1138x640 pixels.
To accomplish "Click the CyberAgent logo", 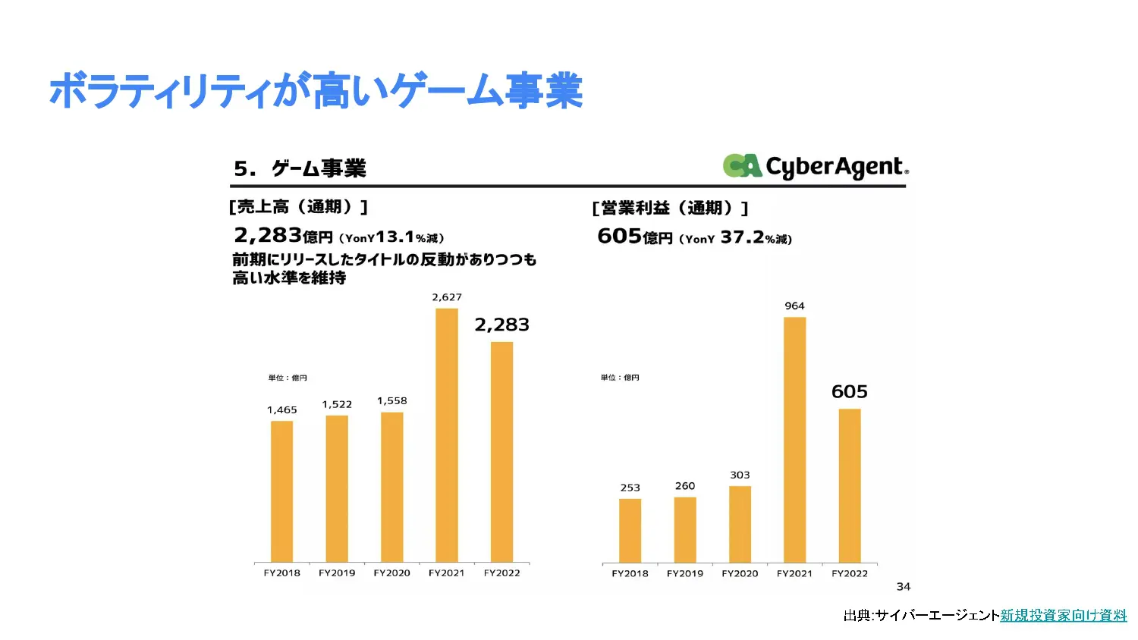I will (816, 166).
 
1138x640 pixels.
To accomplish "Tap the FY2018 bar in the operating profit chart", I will (630, 530).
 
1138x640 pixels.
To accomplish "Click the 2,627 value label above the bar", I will (447, 297).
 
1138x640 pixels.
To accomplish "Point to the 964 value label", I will (794, 306).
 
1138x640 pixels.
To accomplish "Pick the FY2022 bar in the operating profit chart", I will (850, 485).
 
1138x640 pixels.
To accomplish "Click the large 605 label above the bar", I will (850, 391).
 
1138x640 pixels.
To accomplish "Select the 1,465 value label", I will (282, 410).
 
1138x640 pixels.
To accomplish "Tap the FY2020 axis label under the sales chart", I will (391, 573).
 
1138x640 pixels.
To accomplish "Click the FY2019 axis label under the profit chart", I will (685, 574).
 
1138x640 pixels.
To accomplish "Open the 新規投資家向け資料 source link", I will (1063, 615).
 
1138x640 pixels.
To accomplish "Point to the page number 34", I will (904, 586).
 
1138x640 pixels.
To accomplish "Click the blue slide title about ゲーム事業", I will (316, 91).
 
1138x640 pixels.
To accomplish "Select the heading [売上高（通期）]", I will (298, 206).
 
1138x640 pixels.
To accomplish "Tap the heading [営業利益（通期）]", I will (670, 208).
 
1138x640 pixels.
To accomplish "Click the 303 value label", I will (740, 475).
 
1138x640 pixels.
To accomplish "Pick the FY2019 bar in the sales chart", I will (337, 488).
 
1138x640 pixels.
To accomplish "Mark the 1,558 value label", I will (392, 400).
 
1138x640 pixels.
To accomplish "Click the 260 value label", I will (685, 486).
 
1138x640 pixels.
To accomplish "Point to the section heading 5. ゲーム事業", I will (300, 168).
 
